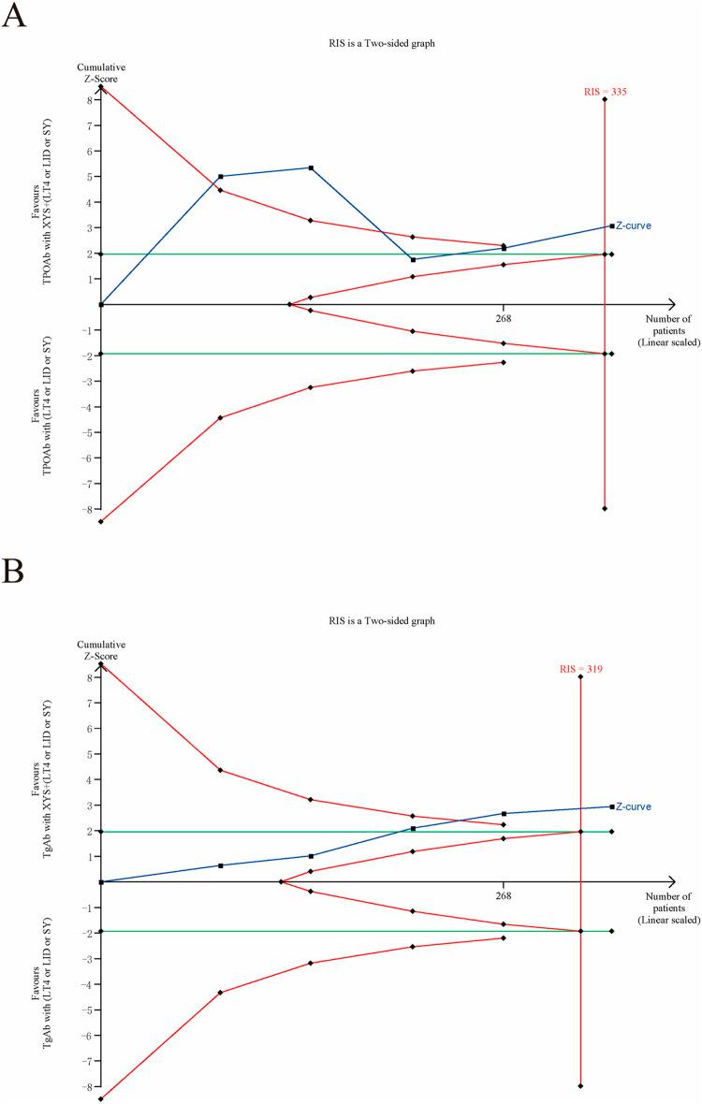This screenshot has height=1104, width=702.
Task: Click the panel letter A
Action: click(13, 16)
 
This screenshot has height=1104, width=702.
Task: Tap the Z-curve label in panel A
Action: click(634, 225)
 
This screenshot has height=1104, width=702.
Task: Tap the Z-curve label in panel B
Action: click(634, 806)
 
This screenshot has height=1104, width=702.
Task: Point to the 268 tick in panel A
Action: click(504, 316)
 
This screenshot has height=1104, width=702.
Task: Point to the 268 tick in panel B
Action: click(504, 894)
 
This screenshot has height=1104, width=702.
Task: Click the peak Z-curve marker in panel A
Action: click(311, 167)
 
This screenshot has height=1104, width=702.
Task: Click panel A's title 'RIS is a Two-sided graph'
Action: click(382, 43)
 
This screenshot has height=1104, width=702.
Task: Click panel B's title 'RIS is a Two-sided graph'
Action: click(382, 620)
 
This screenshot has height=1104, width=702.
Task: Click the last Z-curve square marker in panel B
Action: click(611, 806)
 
